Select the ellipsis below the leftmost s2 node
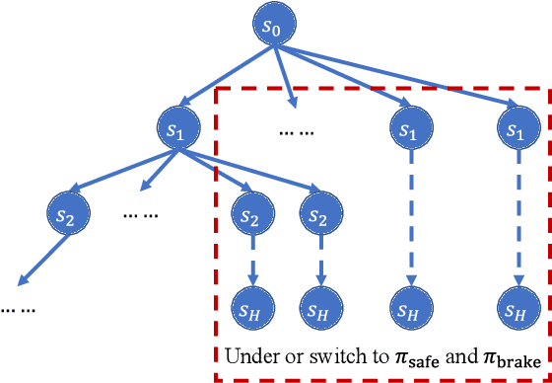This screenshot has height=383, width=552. coord(18,308)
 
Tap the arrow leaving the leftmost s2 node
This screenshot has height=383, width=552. coord(42,260)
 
